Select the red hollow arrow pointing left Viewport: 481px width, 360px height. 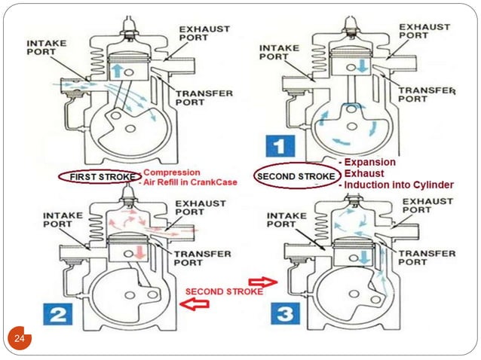pos(197,304)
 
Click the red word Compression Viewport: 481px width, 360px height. pos(168,171)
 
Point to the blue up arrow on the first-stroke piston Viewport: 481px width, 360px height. pos(117,69)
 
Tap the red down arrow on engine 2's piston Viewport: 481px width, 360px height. pos(140,249)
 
